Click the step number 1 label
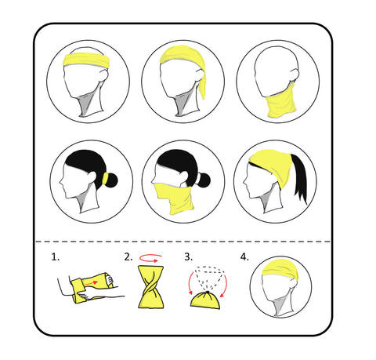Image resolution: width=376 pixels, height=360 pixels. pos(55,256)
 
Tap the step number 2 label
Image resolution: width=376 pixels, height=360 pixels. pos(127,256)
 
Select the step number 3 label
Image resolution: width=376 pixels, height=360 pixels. pos(188,256)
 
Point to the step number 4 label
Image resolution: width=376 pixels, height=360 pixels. pos(244,256)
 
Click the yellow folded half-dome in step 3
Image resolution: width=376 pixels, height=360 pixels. pos(205,300)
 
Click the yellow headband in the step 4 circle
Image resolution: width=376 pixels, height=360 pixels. pos(283,269)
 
